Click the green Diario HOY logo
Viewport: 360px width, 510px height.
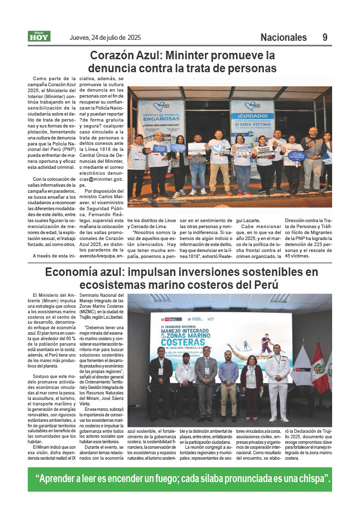tap(38, 36)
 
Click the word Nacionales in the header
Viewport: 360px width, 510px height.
tap(283, 37)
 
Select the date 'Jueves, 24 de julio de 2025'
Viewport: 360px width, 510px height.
tap(105, 37)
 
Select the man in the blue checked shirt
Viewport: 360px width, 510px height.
tap(228, 383)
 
